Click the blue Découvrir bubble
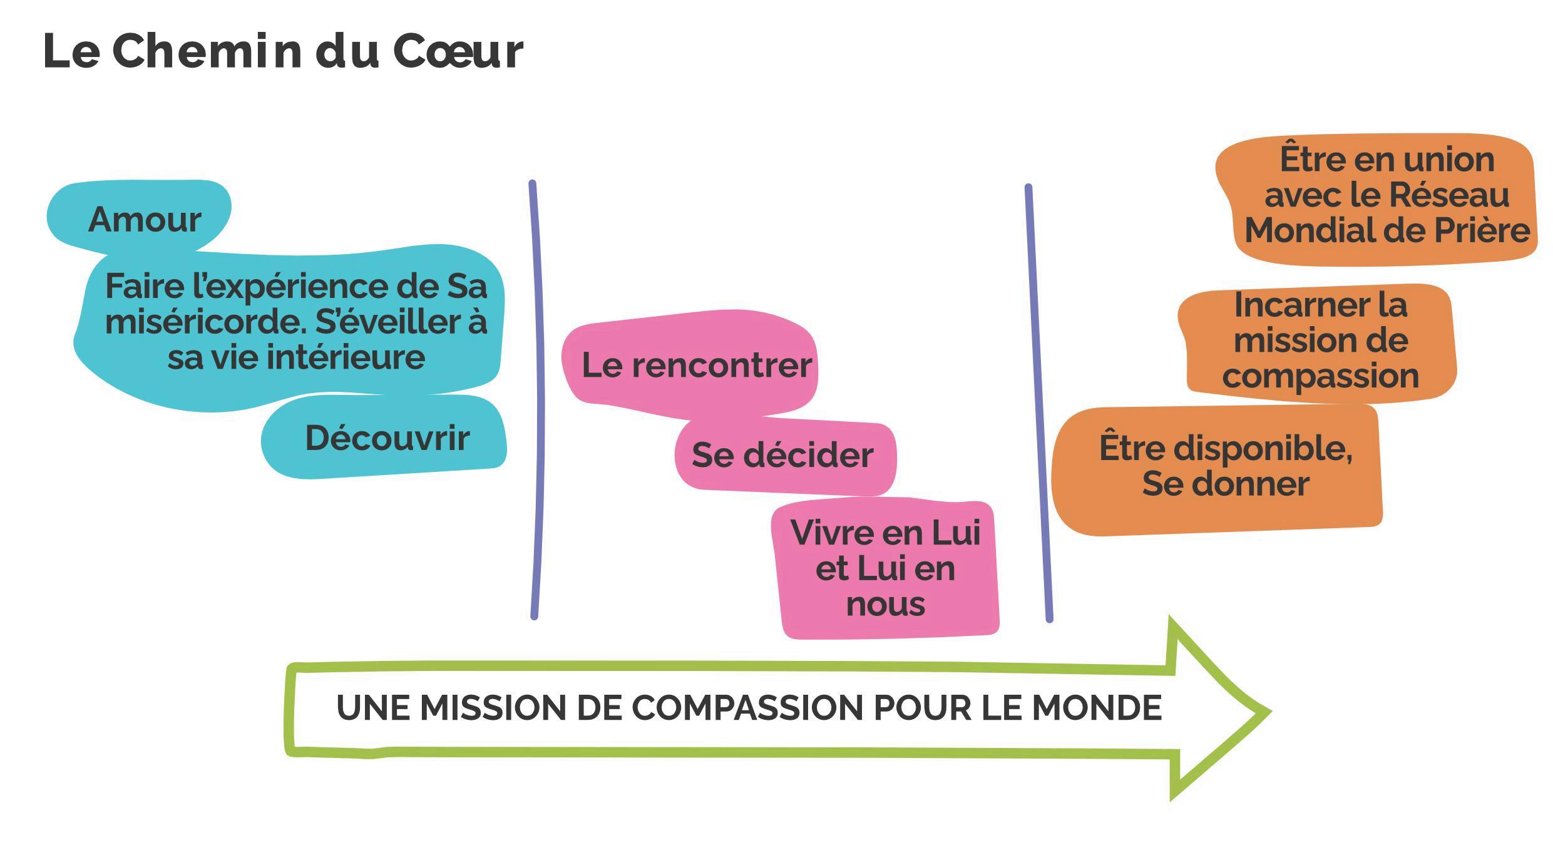point(387,438)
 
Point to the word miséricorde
point(206,322)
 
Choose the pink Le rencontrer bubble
point(696,365)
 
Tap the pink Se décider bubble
point(782,455)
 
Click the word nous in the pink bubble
point(885,605)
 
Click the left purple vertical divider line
point(537,401)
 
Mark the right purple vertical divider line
point(1038,401)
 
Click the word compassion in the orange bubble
point(1320,376)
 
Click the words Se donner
point(1225,484)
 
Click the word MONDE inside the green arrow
point(1096,708)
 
